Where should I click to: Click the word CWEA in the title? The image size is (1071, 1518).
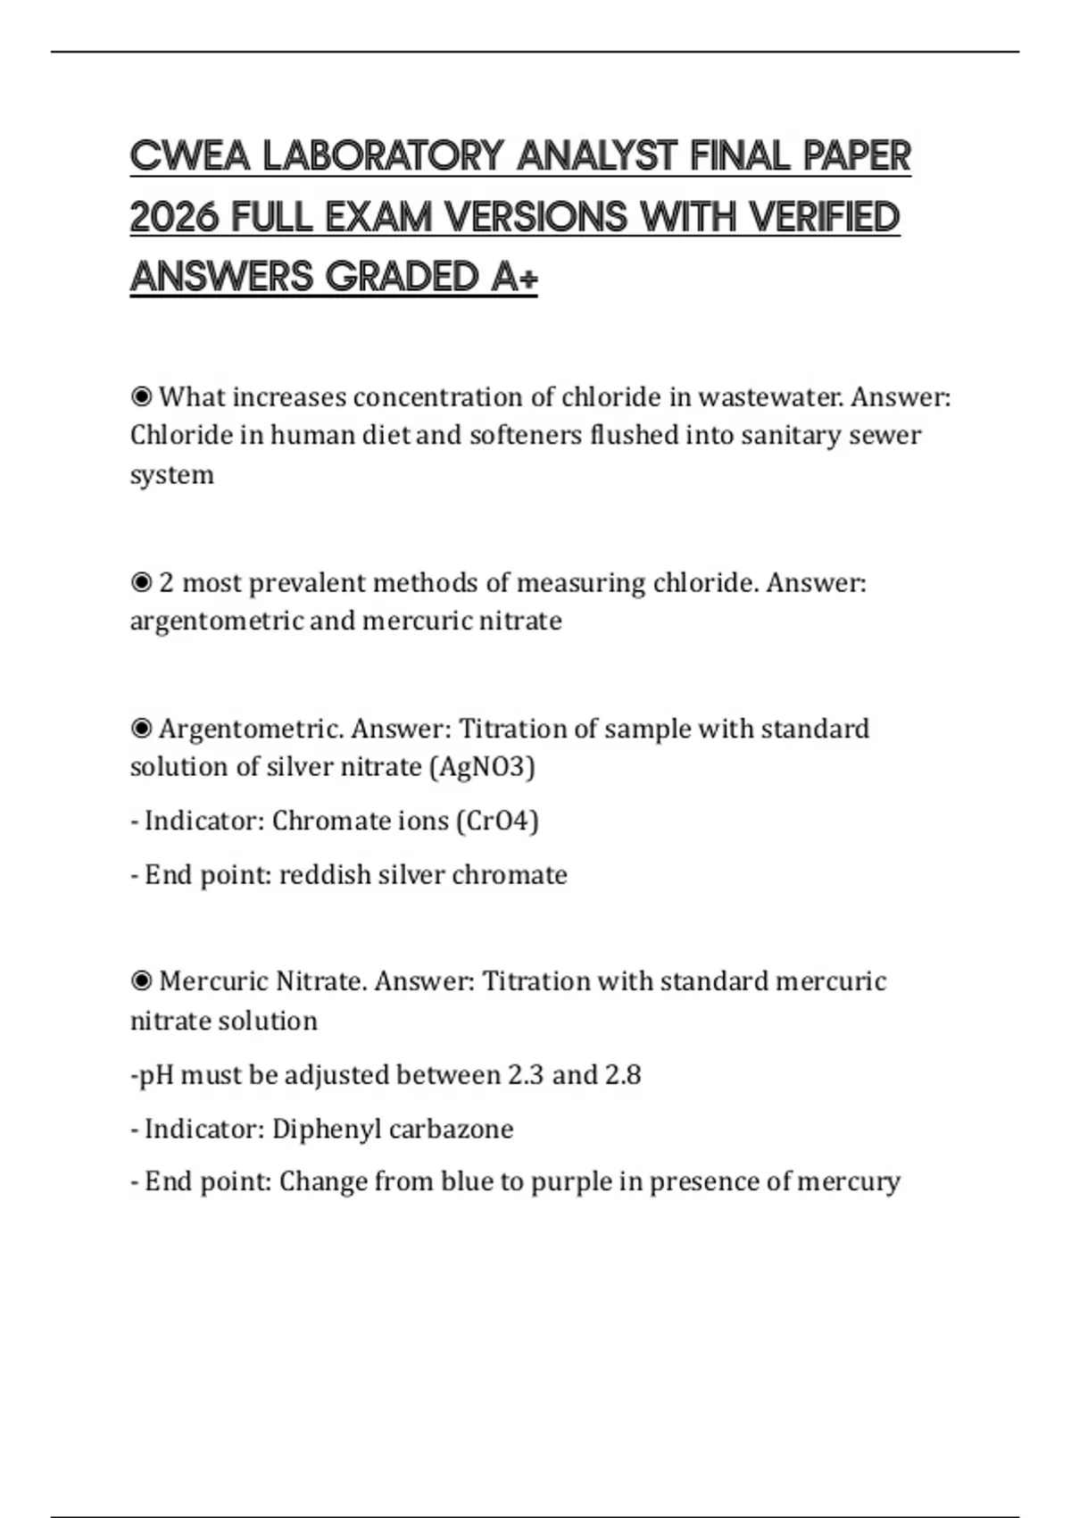coord(189,156)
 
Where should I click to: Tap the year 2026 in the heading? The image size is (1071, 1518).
coord(173,217)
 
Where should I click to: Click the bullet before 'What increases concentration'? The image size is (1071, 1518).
coord(141,396)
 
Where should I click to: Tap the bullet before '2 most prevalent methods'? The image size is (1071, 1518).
coord(141,583)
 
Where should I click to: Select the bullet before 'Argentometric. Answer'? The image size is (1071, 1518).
coord(141,729)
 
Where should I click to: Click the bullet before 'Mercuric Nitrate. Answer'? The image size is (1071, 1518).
coord(141,981)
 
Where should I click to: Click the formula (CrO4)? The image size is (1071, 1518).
coord(497,821)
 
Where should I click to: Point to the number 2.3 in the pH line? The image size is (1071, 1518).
coord(526,1074)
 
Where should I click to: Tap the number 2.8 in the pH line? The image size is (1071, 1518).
coord(623,1074)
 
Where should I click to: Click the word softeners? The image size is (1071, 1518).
coord(525,435)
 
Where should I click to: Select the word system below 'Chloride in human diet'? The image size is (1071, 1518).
coord(172,475)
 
